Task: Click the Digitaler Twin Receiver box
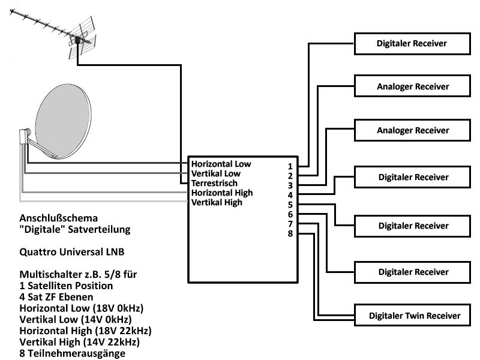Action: (x=415, y=315)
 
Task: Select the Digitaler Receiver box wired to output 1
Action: (x=412, y=44)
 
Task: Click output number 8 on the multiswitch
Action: (x=290, y=233)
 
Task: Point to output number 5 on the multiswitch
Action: (x=290, y=205)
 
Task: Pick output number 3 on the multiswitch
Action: (x=290, y=185)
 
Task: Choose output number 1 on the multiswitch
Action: (x=290, y=166)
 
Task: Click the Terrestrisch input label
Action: (x=214, y=183)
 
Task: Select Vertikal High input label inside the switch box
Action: (x=217, y=203)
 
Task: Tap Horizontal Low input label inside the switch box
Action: (x=221, y=163)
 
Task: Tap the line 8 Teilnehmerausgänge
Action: (x=73, y=353)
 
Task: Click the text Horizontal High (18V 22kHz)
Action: (x=85, y=331)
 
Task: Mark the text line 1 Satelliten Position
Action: (x=66, y=285)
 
